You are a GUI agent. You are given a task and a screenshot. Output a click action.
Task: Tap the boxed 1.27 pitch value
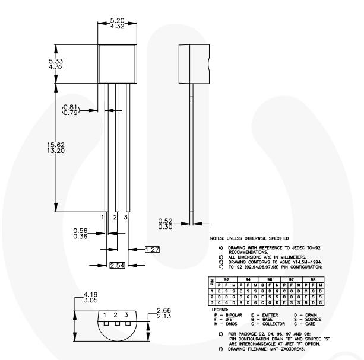coord(151,250)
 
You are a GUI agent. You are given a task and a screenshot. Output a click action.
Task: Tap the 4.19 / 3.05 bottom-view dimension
coord(91,297)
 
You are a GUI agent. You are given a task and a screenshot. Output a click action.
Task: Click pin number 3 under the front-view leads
coord(125,218)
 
